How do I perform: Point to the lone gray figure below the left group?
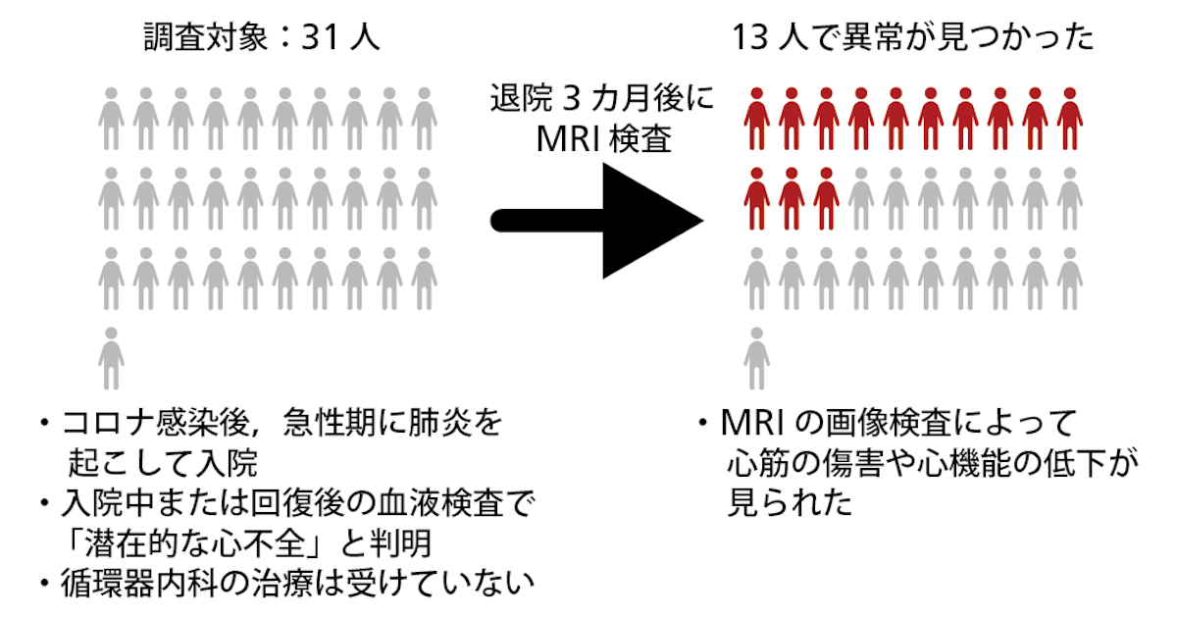112,358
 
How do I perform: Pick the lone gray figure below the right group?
756,358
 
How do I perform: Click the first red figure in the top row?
756,119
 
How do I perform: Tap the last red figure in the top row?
1070,119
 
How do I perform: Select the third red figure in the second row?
826,199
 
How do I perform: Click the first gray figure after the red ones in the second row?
861,199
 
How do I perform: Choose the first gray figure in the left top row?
112,119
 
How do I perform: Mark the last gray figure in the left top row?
424,119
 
